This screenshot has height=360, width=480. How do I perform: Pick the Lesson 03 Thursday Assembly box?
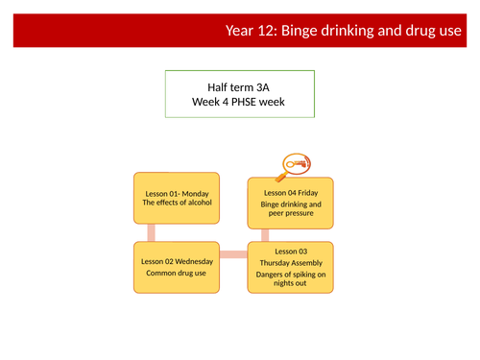pyautogui.click(x=292, y=267)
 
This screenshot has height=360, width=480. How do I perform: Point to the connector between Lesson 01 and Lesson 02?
pyautogui.click(x=150, y=233)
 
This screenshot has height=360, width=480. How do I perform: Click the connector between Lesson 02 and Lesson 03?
pyautogui.click(x=233, y=255)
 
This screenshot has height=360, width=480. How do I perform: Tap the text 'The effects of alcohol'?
pyautogui.click(x=176, y=204)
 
